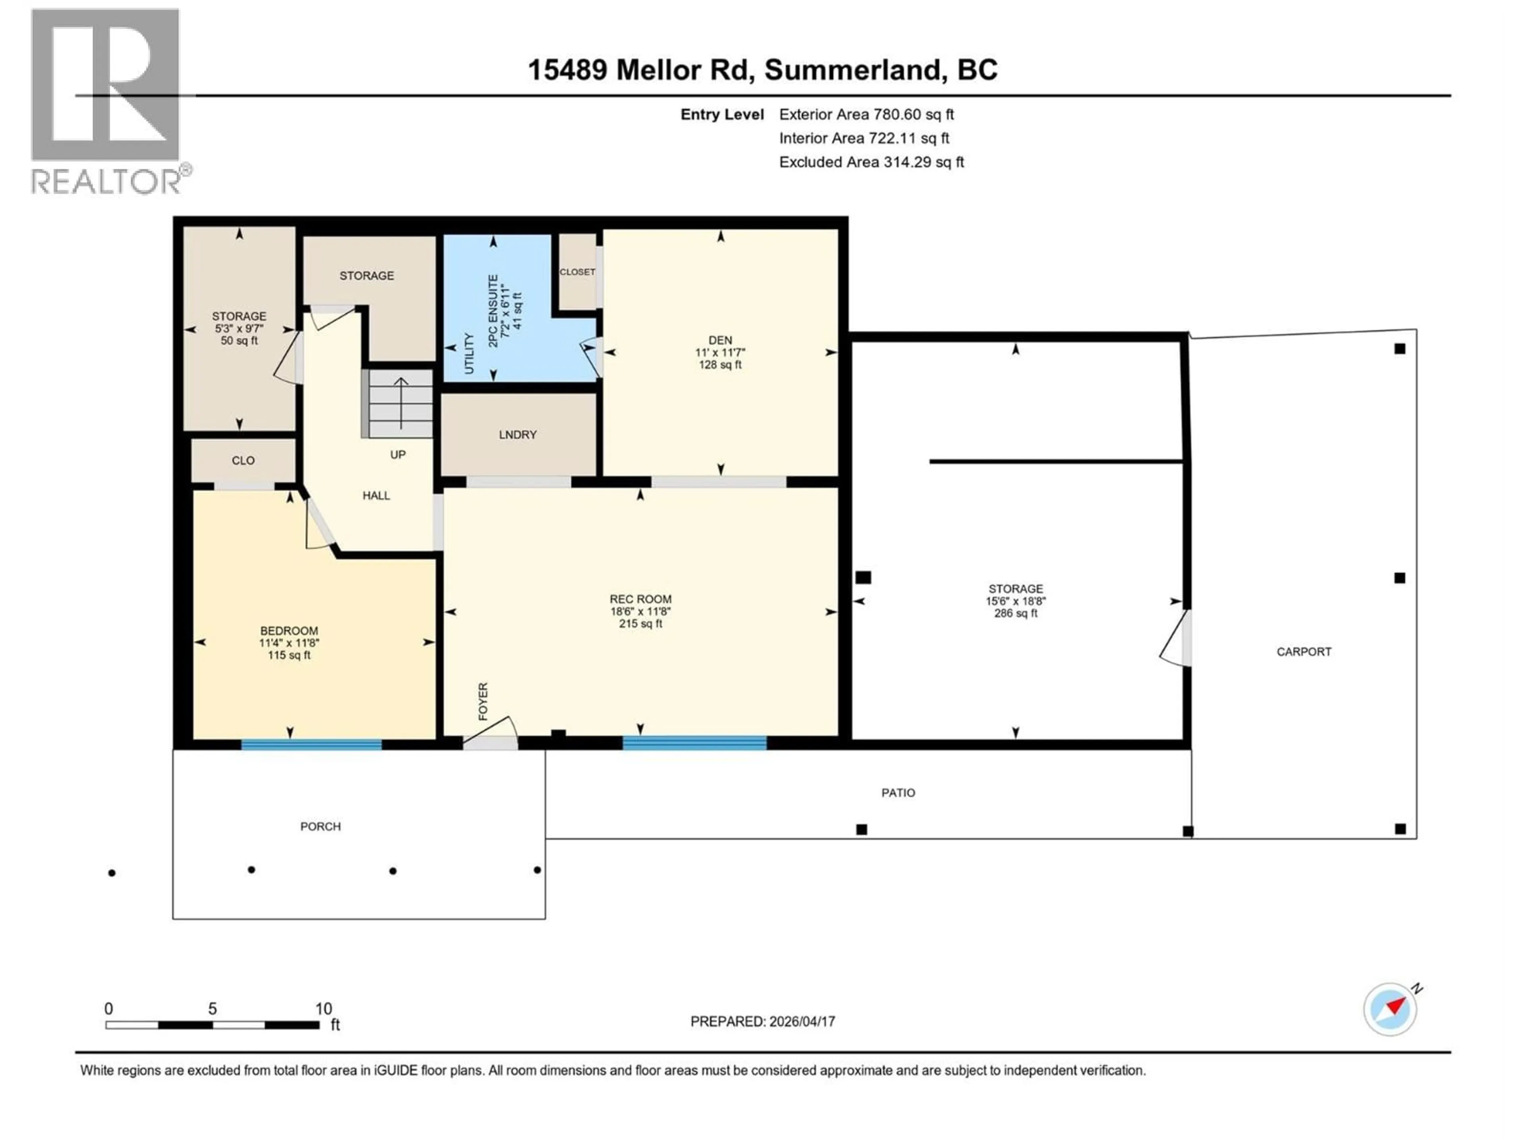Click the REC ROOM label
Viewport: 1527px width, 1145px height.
[640, 599]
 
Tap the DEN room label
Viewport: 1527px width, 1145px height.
[720, 340]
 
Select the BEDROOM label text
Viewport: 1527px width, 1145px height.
[289, 630]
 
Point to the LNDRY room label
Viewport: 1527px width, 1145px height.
[518, 434]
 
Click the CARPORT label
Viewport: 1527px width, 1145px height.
[1304, 651]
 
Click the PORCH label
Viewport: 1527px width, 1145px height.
[320, 826]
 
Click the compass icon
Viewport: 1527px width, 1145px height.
[1390, 1008]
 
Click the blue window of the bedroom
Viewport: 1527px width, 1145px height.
[311, 744]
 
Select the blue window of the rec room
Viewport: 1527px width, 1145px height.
[694, 743]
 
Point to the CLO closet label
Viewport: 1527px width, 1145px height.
[243, 460]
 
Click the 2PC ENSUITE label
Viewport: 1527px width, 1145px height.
[493, 311]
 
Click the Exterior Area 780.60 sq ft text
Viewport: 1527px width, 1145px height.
[866, 114]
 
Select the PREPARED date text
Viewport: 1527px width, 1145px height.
[762, 1021]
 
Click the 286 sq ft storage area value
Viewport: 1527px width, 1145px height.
[1016, 613]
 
